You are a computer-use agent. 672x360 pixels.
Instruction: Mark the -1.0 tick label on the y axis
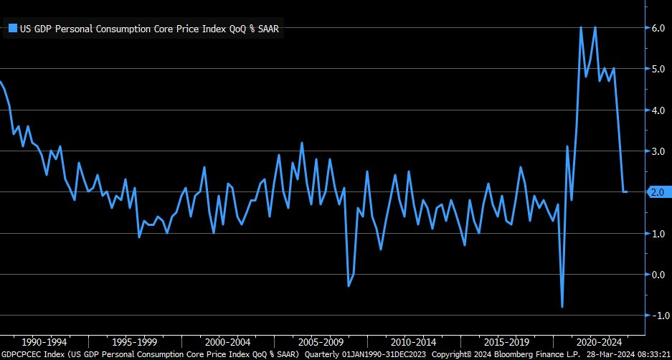coord(658,316)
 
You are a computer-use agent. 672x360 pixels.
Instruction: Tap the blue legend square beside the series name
coord(12,29)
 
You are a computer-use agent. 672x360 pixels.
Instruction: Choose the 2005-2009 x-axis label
coord(321,341)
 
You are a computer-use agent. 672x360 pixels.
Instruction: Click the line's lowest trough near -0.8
coord(562,307)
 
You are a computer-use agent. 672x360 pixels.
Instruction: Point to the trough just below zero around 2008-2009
coord(349,286)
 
